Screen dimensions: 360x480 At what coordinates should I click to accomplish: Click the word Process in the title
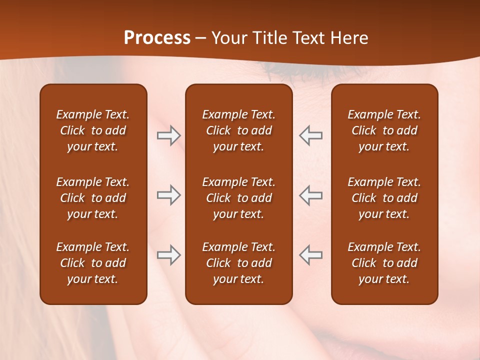click(x=157, y=38)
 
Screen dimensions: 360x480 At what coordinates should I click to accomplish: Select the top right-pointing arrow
click(x=169, y=135)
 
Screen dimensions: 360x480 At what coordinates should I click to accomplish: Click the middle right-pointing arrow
click(x=169, y=195)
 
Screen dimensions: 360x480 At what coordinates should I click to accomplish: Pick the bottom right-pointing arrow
click(x=169, y=255)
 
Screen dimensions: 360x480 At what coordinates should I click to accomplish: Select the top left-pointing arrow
click(x=310, y=135)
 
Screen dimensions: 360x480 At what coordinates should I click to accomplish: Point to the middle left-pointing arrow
click(x=310, y=195)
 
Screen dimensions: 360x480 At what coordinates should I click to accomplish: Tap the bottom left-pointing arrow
click(x=310, y=255)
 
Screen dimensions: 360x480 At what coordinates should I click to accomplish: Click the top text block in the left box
click(x=93, y=130)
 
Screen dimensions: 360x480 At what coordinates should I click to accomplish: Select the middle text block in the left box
click(x=93, y=198)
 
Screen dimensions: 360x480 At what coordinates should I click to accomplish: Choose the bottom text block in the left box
click(x=93, y=263)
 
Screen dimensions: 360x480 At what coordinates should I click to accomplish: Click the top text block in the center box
click(x=238, y=130)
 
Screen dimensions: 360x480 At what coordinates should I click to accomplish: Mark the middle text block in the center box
click(x=238, y=198)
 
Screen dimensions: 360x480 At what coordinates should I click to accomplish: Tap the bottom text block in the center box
click(x=238, y=263)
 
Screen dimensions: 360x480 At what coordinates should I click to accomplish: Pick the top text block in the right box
click(x=384, y=130)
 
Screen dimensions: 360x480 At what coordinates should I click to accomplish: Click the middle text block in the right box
click(x=384, y=198)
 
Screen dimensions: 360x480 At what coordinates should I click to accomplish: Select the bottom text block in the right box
click(x=384, y=263)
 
